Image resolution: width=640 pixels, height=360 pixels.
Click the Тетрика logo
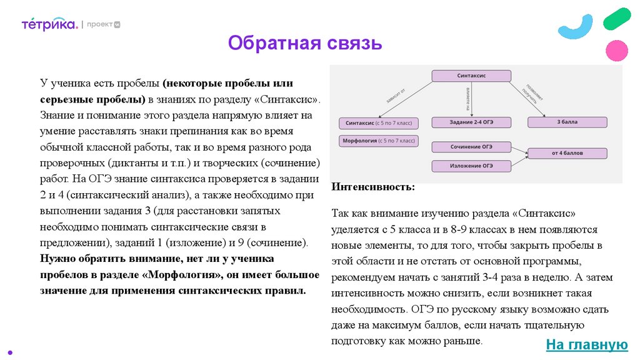point(49,24)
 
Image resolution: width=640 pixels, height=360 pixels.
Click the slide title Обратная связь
point(304,43)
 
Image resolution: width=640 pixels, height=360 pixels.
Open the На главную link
point(586,344)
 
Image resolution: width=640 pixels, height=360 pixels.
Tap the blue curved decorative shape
point(576,27)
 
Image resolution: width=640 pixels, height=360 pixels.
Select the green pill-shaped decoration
point(617,17)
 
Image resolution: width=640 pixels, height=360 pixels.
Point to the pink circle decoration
point(617,50)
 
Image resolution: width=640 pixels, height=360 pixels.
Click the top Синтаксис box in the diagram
point(471,76)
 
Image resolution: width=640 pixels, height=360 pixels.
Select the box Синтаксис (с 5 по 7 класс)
point(377,123)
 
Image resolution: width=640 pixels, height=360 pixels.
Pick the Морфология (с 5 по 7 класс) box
point(377,141)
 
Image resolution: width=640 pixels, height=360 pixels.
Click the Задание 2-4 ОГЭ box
point(471,122)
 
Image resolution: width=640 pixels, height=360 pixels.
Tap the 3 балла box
point(567,122)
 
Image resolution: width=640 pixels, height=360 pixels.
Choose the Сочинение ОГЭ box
point(471,147)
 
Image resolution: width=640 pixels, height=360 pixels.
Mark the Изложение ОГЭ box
point(471,166)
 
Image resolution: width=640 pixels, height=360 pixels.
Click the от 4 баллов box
point(567,153)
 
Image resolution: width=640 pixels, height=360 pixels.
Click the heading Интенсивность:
point(373,187)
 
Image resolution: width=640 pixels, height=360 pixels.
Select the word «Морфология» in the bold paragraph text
point(182,275)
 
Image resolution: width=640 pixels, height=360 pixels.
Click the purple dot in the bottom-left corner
point(9,351)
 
